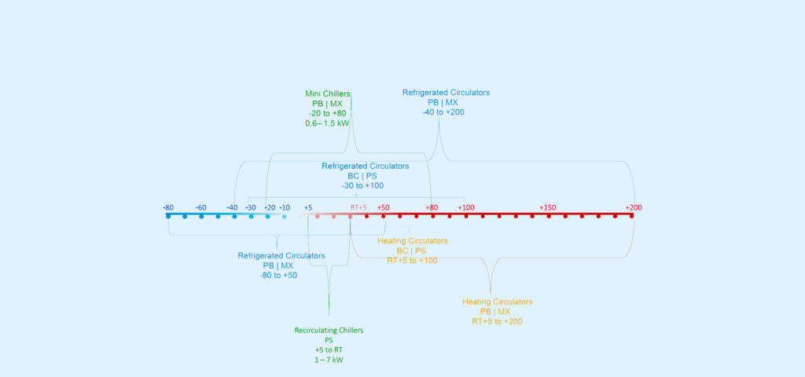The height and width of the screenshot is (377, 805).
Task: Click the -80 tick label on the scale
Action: coord(168,207)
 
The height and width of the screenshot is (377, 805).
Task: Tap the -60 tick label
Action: coord(201,207)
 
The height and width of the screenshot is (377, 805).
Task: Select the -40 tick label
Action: coord(232,207)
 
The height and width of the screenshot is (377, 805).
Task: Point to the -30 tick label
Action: coord(251,207)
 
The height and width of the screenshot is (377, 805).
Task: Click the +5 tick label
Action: coord(308,207)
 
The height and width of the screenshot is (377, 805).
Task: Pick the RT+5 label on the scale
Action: coord(358,207)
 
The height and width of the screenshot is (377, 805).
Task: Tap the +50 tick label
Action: coord(383,207)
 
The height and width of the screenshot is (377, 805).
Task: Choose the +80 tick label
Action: coord(432,207)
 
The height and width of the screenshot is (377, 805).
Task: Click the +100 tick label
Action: coord(466,207)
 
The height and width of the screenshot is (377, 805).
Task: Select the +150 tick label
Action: coord(548,207)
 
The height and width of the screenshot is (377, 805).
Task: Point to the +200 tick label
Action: coord(634,207)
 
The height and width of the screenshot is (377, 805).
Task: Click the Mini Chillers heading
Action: coord(328,93)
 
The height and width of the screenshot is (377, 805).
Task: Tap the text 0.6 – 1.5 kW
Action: coord(327,123)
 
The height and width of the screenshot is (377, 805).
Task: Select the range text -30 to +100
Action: coord(363,186)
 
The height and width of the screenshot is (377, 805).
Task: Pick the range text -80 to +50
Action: coord(279,276)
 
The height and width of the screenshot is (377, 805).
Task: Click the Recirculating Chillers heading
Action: coord(329,330)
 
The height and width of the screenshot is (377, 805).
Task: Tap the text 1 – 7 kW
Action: coord(329,360)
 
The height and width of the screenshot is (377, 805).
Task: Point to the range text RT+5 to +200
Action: coord(497,321)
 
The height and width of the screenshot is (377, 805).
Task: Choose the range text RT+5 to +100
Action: coord(412,260)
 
